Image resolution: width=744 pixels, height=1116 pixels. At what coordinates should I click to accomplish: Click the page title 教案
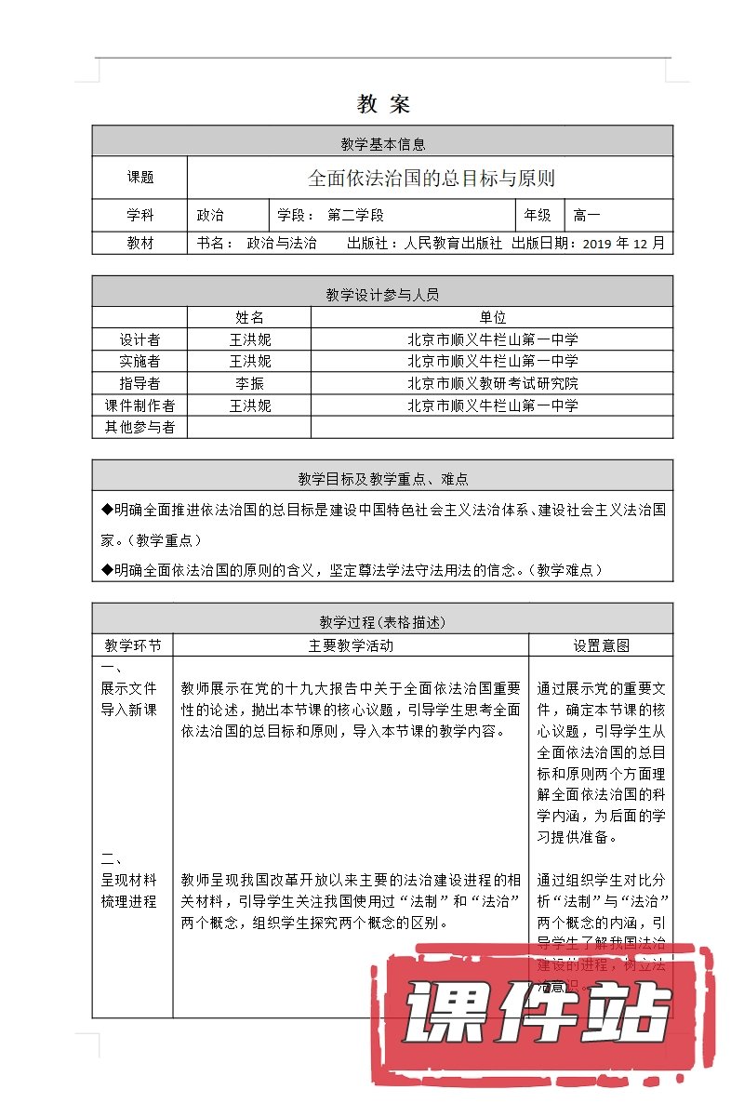[382, 104]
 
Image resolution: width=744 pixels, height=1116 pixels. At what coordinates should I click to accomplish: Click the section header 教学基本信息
[382, 143]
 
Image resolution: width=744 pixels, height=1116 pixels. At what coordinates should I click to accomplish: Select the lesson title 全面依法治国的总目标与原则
[431, 178]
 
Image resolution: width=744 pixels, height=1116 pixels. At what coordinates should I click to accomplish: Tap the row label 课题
[139, 178]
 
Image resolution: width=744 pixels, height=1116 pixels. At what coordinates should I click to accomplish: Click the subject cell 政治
[210, 215]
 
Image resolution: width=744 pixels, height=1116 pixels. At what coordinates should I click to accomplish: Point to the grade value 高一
[588, 215]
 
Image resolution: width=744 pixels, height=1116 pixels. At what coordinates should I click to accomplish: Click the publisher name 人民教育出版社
[454, 243]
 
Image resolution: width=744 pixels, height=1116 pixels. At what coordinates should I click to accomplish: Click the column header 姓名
[249, 317]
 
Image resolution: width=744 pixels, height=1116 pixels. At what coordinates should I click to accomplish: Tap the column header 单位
[492, 317]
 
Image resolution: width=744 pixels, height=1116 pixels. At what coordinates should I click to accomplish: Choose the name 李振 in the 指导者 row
[249, 383]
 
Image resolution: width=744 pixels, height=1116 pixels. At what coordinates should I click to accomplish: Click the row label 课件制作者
[139, 405]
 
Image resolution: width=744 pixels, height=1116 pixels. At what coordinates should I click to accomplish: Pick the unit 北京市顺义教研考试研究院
[492, 383]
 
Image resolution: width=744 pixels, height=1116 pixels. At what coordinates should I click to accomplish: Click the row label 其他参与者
[139, 427]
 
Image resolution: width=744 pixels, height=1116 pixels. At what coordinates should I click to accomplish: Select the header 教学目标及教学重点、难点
[382, 479]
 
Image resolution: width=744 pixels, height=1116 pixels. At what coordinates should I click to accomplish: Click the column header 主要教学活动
[351, 644]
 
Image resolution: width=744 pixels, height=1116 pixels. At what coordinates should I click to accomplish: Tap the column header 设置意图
[601, 644]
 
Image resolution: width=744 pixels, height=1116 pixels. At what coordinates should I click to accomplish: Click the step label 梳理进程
[129, 901]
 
